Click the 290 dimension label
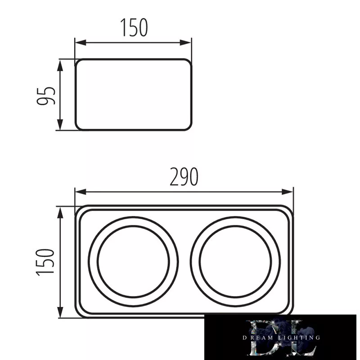click(x=184, y=176)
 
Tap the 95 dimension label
click(x=46, y=96)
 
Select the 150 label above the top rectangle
click(x=134, y=27)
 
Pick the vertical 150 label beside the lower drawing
click(x=45, y=262)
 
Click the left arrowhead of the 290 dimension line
click(x=81, y=192)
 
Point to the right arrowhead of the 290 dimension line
click(x=288, y=192)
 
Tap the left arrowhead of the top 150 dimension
click(x=81, y=42)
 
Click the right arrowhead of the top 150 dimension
click(x=185, y=42)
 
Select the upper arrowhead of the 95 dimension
click(x=60, y=66)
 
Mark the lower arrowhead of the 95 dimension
click(x=60, y=125)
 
